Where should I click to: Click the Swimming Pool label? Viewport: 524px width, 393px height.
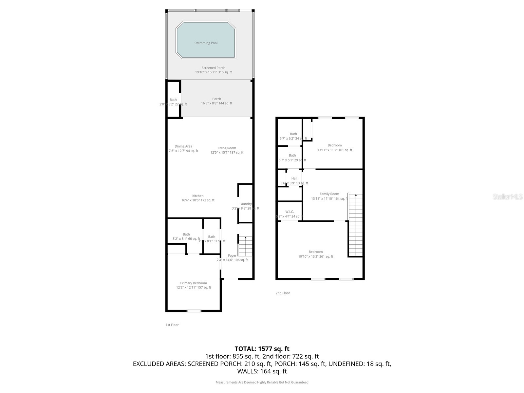206,43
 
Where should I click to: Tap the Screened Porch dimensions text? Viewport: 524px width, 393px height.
213,72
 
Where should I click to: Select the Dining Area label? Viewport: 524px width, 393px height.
183,146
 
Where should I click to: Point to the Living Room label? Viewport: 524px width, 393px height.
227,148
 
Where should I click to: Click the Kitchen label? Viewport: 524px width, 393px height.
198,196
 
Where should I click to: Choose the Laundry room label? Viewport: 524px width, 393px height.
245,204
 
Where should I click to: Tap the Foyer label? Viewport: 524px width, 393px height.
232,255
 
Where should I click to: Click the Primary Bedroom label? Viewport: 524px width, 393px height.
194,283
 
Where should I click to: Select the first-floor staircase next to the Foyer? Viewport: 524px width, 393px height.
245,246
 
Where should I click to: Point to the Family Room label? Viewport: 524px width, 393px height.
329,194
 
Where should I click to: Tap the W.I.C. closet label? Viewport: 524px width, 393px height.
290,212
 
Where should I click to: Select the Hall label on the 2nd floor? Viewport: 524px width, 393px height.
294,178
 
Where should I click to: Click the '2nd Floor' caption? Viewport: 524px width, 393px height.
283,293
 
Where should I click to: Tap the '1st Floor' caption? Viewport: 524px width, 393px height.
172,325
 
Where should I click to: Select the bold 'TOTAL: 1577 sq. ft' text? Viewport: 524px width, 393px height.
262,349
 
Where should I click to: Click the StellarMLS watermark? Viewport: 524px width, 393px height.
508,197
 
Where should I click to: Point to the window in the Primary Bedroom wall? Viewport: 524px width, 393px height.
194,311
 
